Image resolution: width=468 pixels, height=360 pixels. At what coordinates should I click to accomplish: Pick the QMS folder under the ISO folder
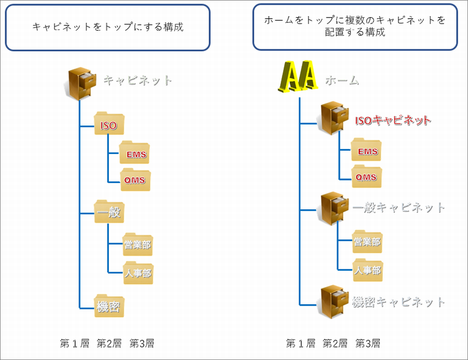tap(134, 179)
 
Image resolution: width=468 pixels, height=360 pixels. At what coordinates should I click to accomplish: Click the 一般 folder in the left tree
tap(108, 212)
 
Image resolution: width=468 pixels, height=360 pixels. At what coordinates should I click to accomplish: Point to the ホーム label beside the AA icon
tap(342, 80)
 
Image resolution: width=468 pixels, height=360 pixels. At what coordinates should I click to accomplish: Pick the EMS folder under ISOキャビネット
tap(366, 150)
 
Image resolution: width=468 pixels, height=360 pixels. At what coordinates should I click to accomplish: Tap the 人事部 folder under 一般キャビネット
tap(367, 270)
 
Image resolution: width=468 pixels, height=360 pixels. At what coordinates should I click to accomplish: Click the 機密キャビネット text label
tap(398, 301)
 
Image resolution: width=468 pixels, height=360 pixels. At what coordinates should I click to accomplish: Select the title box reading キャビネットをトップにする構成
tap(108, 27)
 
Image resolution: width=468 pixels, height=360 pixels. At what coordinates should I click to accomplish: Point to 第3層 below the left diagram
tap(142, 343)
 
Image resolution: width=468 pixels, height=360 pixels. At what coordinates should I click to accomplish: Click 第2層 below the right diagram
tap(335, 343)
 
